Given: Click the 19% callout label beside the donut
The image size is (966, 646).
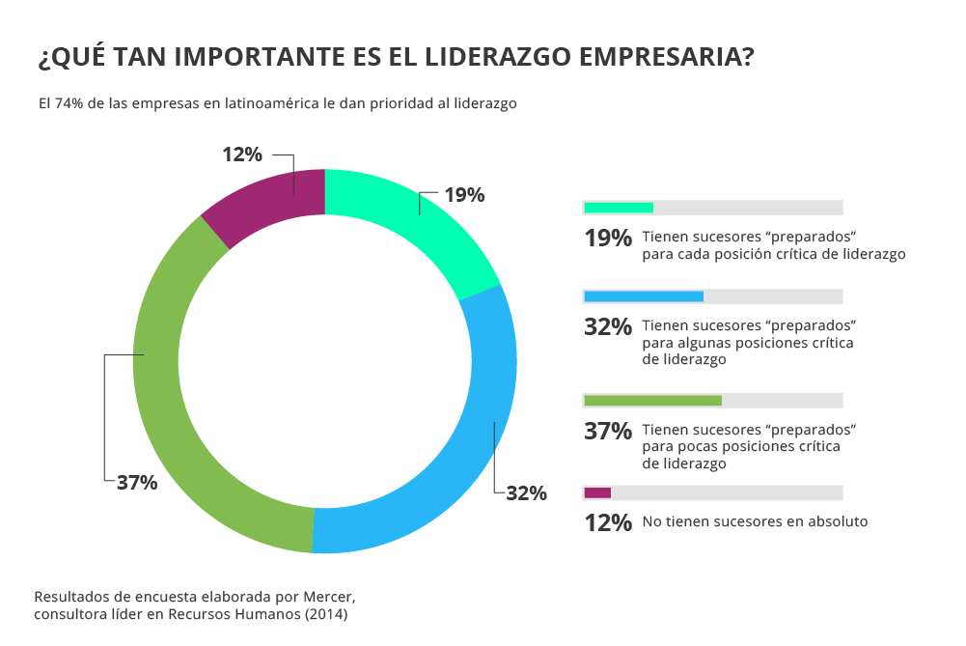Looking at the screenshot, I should pos(464,195).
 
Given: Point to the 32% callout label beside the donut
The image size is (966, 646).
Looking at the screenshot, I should pos(526,493).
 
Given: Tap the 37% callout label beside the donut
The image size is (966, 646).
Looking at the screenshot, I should pos(137,483).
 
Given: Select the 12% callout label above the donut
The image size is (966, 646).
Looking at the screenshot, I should pos(242,154).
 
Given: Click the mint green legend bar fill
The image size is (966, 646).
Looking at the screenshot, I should pos(619,208).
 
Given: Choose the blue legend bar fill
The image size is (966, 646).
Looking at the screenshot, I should pos(644,296).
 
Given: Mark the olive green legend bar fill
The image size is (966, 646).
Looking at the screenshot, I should pos(652,401).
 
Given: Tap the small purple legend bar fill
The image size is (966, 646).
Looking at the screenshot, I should pos(597,492).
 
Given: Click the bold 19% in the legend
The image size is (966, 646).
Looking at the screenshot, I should pos(608,239).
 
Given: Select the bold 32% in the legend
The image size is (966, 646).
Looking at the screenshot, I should pos(608,327).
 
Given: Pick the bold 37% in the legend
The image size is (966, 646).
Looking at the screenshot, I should pos(608,432).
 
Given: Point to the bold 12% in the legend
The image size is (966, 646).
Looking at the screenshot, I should pos(608,522).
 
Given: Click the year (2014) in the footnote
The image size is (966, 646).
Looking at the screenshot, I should pos(325,613).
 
